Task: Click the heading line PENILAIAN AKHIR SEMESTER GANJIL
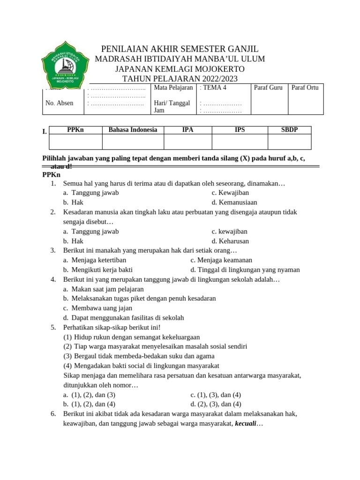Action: (x=180, y=49)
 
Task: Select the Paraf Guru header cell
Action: (x=268, y=88)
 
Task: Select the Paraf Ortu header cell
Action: (x=305, y=88)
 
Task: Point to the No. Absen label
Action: (x=59, y=103)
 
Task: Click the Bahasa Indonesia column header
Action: (x=133, y=130)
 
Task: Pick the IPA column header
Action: (x=187, y=130)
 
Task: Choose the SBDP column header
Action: (x=289, y=130)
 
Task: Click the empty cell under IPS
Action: (x=240, y=142)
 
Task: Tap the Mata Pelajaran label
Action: (x=173, y=88)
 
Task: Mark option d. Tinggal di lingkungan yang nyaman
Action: (x=245, y=270)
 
